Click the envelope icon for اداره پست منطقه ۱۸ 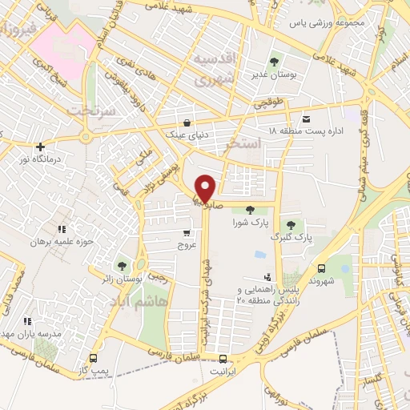(x=304, y=119)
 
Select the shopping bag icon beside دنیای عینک (x=187, y=123)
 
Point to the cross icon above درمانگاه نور (x=40, y=147)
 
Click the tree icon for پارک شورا (x=250, y=209)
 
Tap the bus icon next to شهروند (x=321, y=269)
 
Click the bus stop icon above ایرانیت (x=223, y=359)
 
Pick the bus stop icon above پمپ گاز (x=94, y=359)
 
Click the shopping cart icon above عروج (x=187, y=233)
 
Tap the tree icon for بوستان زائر (x=122, y=265)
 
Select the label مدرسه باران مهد (x=31, y=332)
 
